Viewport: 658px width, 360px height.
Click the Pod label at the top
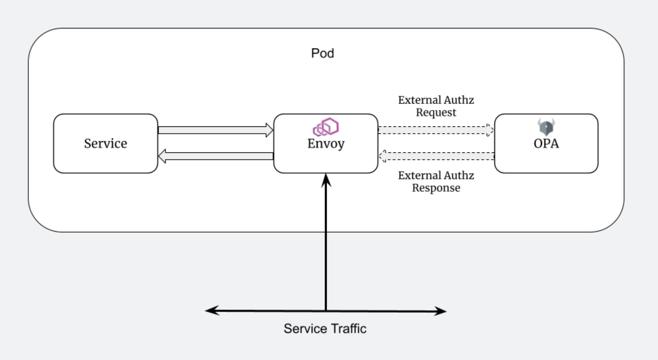point(322,53)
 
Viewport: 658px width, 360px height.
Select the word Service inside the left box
point(106,143)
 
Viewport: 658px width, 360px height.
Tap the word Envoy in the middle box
point(326,143)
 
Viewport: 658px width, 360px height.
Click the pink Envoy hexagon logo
point(326,127)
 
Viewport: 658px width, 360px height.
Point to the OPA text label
point(546,143)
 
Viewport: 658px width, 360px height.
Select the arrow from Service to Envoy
point(215,130)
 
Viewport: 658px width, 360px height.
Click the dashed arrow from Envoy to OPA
point(435,130)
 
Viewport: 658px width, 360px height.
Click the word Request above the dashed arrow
point(436,113)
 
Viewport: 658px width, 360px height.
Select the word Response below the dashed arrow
point(436,188)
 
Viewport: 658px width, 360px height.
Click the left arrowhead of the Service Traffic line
point(211,310)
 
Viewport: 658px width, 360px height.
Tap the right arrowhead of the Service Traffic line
point(441,311)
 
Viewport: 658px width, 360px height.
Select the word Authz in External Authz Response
point(458,175)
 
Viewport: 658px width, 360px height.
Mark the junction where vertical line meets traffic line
point(326,311)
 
